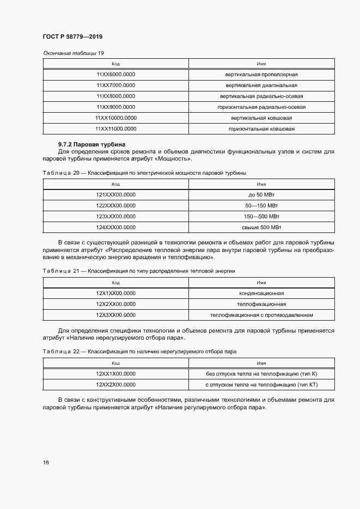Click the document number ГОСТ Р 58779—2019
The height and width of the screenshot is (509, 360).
point(72,36)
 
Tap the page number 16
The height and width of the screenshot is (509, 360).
point(46,462)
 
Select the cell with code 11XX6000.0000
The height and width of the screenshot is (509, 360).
point(115,75)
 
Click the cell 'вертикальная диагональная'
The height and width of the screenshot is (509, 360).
point(261,85)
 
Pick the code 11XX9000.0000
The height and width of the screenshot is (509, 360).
point(115,107)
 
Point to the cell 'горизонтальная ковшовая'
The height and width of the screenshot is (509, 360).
point(261,129)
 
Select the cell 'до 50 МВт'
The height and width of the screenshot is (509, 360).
point(261,194)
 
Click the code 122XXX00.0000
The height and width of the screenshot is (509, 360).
point(115,205)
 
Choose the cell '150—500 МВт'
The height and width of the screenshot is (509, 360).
point(261,216)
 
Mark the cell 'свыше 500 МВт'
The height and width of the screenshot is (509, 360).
point(261,227)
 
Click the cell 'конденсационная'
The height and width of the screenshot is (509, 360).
point(261,293)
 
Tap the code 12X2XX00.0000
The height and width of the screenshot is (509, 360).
point(115,304)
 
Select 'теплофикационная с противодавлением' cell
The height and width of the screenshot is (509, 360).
point(261,315)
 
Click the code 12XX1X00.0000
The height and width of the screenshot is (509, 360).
point(115,374)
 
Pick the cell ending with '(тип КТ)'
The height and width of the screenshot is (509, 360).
point(261,385)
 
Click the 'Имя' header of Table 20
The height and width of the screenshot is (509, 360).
point(261,184)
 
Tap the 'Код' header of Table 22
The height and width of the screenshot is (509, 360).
point(115,363)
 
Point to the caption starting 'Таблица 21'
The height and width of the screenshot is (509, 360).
point(138,271)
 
